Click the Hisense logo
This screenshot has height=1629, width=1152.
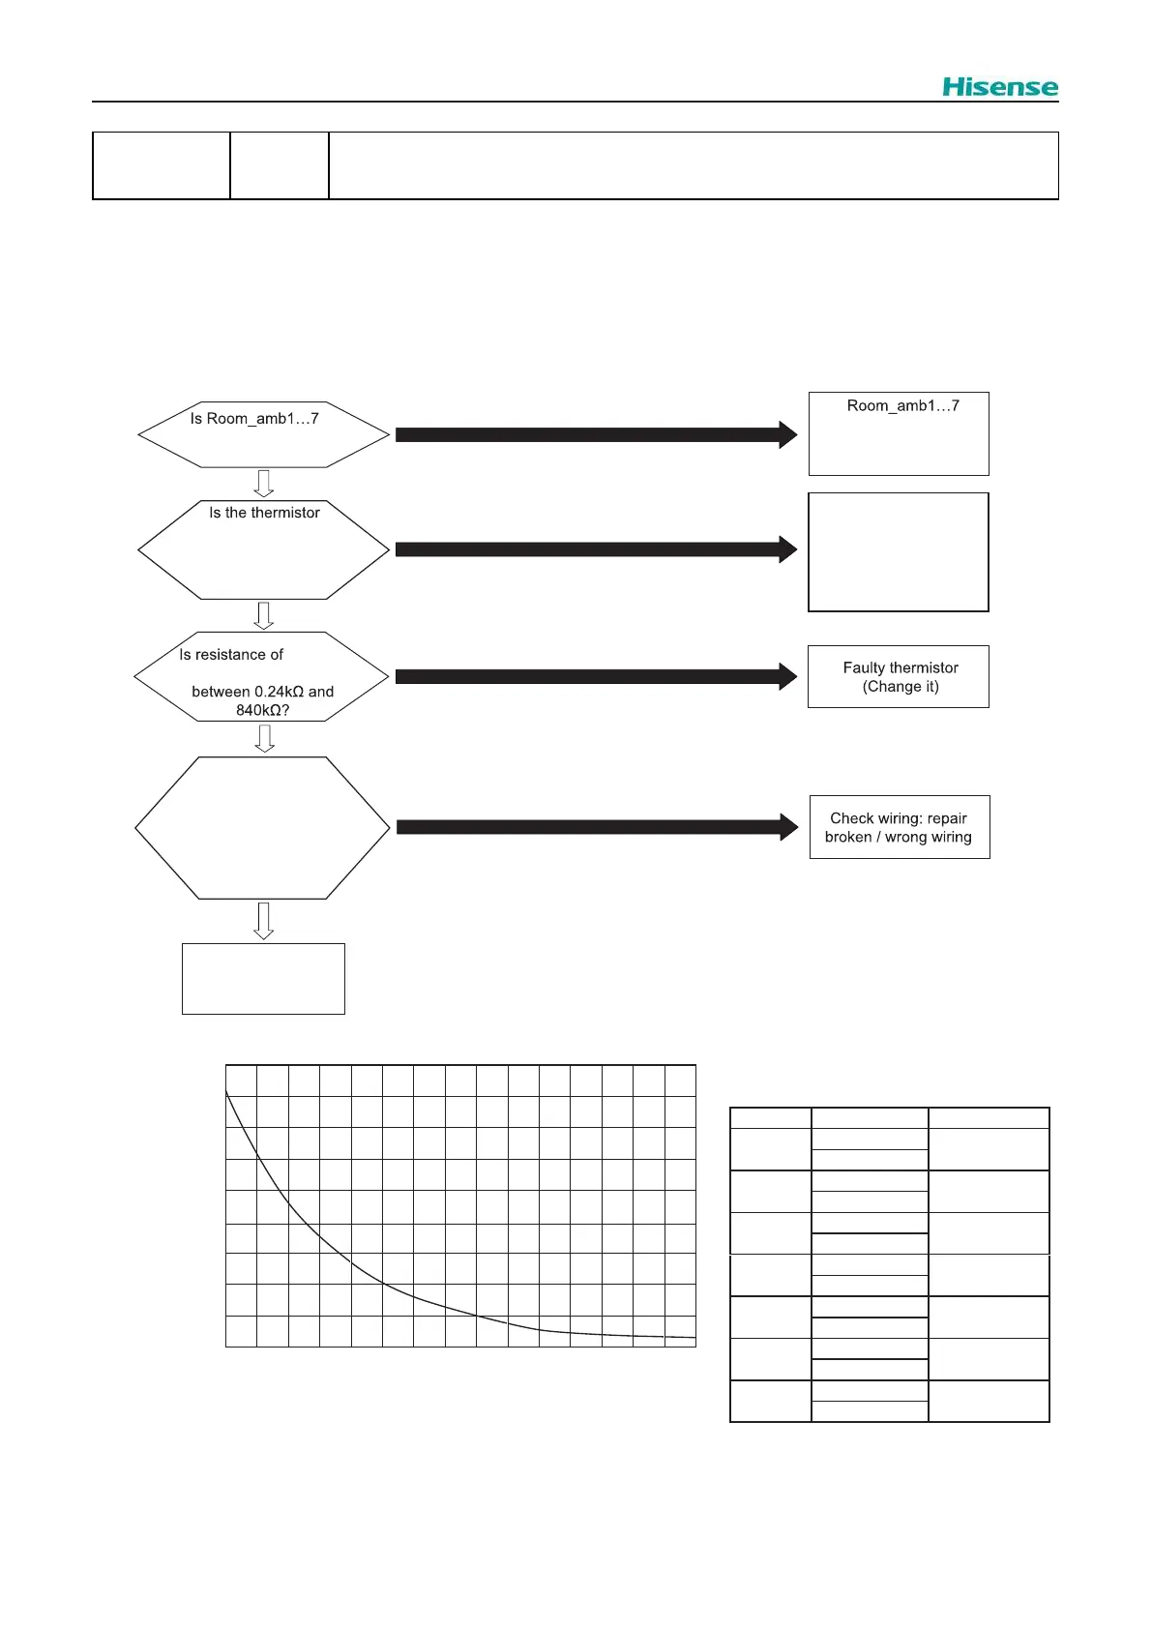1000,87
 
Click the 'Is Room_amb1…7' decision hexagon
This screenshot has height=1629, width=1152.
263,434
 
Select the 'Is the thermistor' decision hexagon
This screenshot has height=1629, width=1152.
263,549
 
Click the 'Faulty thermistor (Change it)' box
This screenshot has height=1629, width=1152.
899,676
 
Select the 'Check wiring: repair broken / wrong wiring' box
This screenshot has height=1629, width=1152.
900,827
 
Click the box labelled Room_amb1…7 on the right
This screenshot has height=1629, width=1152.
899,433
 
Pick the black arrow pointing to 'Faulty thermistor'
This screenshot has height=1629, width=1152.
596,676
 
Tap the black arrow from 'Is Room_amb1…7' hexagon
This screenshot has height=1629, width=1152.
596,434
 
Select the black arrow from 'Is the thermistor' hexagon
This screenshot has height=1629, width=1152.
596,549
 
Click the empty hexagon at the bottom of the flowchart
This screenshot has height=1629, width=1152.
262,828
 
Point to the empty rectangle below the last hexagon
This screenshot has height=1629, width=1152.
263,978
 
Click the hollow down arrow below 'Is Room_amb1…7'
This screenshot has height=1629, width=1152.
263,483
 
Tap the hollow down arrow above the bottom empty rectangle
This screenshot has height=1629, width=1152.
263,921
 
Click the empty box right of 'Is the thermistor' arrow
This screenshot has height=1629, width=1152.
899,551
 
